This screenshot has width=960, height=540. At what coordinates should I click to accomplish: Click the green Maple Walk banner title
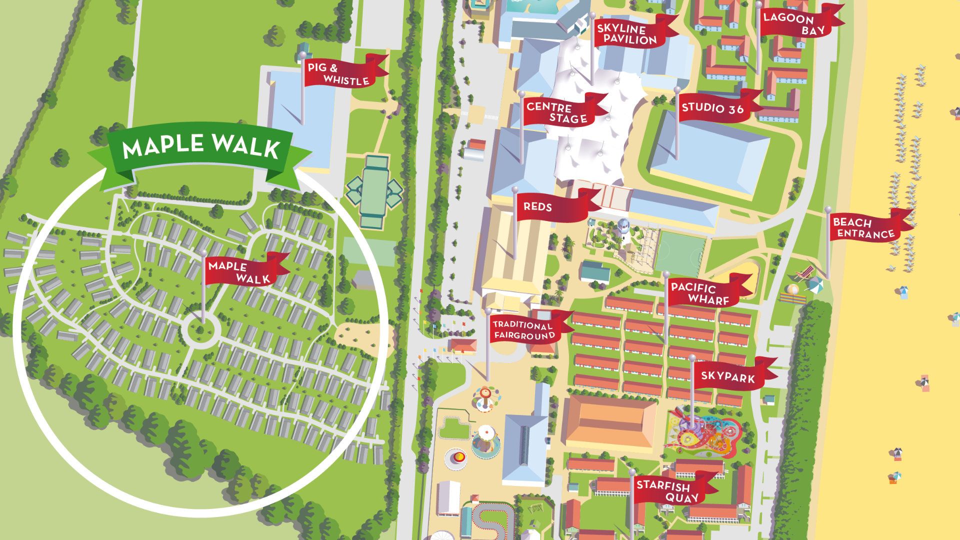(x=200, y=146)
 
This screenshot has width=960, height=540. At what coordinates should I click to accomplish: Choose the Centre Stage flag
(x=560, y=113)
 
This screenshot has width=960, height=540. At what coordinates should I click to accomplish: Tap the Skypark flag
(x=730, y=376)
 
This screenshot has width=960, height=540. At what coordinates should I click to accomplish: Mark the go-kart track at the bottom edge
(x=495, y=520)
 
